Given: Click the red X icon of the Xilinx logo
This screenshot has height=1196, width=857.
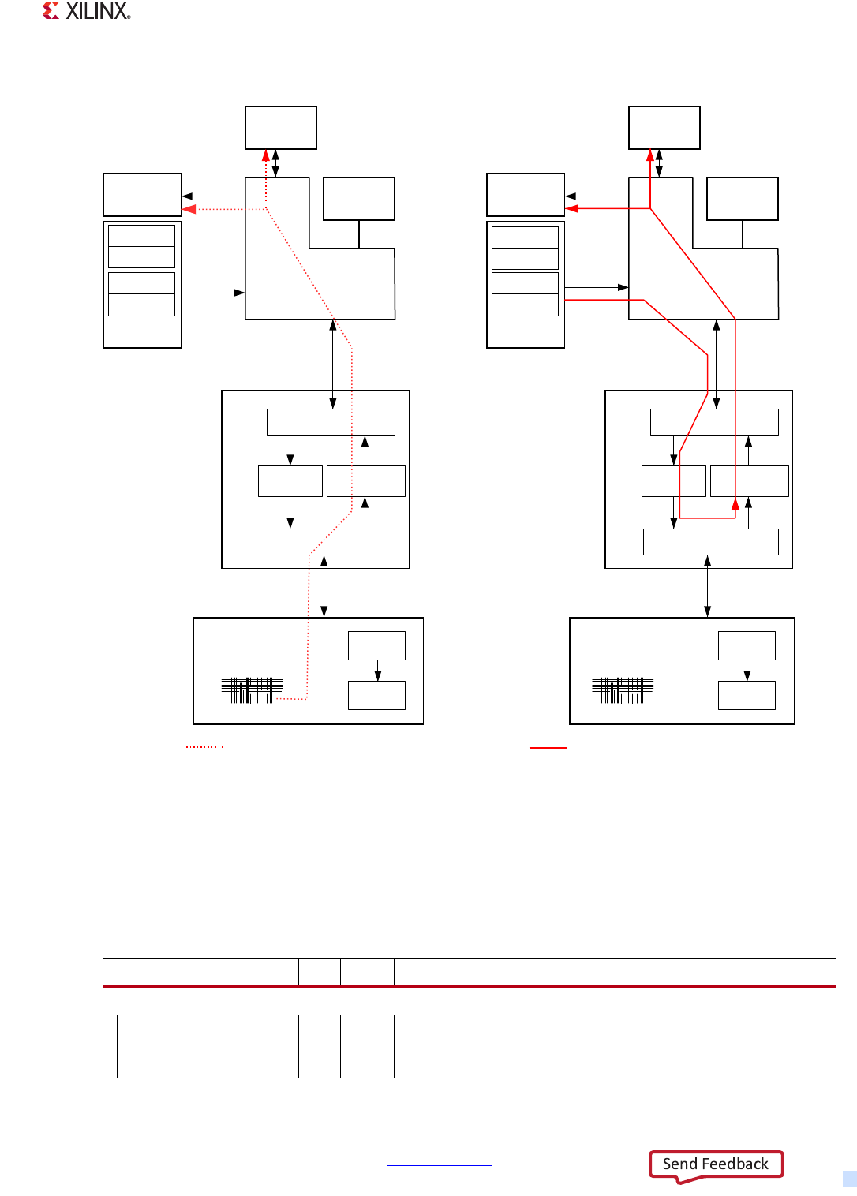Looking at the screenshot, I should [x=51, y=10].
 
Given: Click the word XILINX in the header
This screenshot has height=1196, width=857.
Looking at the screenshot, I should [x=97, y=11].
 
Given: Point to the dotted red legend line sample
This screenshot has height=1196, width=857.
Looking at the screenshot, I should [x=205, y=746].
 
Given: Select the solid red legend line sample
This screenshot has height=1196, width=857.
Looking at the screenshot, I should [x=548, y=746].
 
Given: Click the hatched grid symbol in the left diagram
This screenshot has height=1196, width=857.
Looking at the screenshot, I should [x=252, y=690].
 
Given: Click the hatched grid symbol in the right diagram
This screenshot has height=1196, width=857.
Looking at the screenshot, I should [x=623, y=690].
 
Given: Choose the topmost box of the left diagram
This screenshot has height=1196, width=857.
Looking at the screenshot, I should [x=281, y=128].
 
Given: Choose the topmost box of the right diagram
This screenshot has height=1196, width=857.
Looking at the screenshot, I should [x=664, y=128].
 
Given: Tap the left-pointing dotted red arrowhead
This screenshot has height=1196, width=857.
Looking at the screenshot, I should [x=189, y=209].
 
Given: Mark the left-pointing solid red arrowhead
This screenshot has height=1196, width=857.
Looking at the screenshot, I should [x=572, y=209].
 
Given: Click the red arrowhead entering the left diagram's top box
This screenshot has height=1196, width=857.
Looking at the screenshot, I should [x=267, y=155].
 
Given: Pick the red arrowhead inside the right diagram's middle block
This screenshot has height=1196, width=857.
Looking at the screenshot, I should [x=735, y=503].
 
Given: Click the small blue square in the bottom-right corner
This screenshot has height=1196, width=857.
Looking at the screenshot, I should [x=850, y=1179].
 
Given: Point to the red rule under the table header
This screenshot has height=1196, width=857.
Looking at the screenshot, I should [x=469, y=986].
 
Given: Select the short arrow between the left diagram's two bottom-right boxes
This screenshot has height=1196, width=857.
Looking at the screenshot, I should [x=378, y=671].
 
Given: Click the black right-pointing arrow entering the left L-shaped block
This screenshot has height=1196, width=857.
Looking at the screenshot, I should [x=239, y=293].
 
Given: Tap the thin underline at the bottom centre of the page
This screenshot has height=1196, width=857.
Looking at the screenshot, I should [x=440, y=1165].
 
